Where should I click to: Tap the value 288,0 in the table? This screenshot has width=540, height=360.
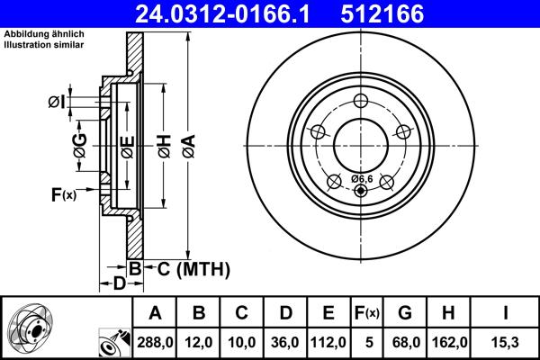click(x=155, y=342)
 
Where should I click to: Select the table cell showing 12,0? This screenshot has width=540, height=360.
click(x=198, y=342)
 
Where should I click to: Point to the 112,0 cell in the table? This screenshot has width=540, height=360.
click(x=328, y=342)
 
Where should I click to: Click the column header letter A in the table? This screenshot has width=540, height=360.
click(x=155, y=313)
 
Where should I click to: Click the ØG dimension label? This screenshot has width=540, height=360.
click(x=79, y=144)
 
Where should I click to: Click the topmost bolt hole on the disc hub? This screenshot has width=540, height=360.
click(x=362, y=101)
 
